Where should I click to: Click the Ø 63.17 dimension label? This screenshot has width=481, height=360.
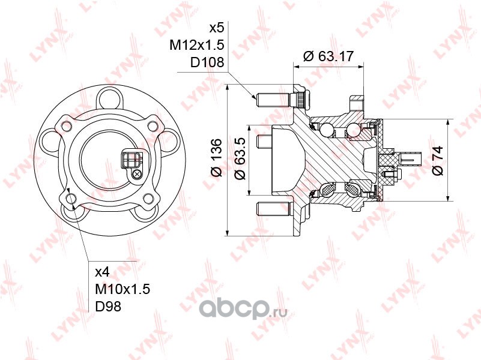click(x=328, y=56)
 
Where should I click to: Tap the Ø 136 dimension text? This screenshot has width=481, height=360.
click(x=216, y=158)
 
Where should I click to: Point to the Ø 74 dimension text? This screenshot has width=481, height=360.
click(x=438, y=161)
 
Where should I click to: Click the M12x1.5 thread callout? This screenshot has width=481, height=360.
click(x=197, y=45)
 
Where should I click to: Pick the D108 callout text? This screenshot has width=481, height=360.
click(x=207, y=62)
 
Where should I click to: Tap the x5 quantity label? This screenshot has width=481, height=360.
click(x=217, y=28)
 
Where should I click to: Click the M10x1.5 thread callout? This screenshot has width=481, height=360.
click(x=123, y=289)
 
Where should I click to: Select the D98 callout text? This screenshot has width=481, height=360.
click(x=108, y=306)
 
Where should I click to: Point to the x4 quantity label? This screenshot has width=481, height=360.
click(x=103, y=272)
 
